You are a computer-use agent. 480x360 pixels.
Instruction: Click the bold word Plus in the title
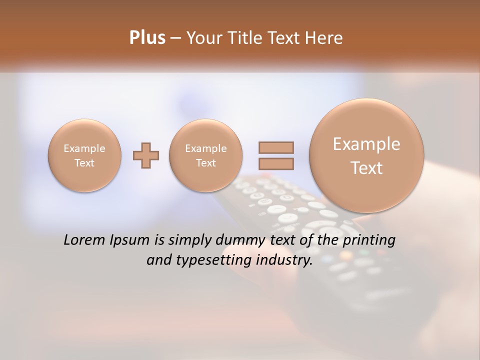[x=147, y=38]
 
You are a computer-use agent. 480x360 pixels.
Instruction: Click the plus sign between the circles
[x=146, y=155]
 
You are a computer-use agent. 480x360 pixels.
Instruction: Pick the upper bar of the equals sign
[x=276, y=147]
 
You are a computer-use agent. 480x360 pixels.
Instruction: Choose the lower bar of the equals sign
[x=276, y=163]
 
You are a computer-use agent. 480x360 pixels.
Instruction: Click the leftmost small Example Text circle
[x=84, y=155]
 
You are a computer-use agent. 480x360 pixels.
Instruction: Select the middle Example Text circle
[x=206, y=155]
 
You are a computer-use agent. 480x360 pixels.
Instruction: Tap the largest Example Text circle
[x=366, y=155]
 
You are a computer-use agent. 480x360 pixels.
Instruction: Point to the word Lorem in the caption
[x=85, y=240]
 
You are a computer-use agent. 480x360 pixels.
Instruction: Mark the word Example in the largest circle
[x=366, y=144]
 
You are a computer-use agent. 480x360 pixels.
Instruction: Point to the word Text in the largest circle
[x=366, y=168]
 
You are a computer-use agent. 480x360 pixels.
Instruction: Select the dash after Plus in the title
[x=175, y=38]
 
